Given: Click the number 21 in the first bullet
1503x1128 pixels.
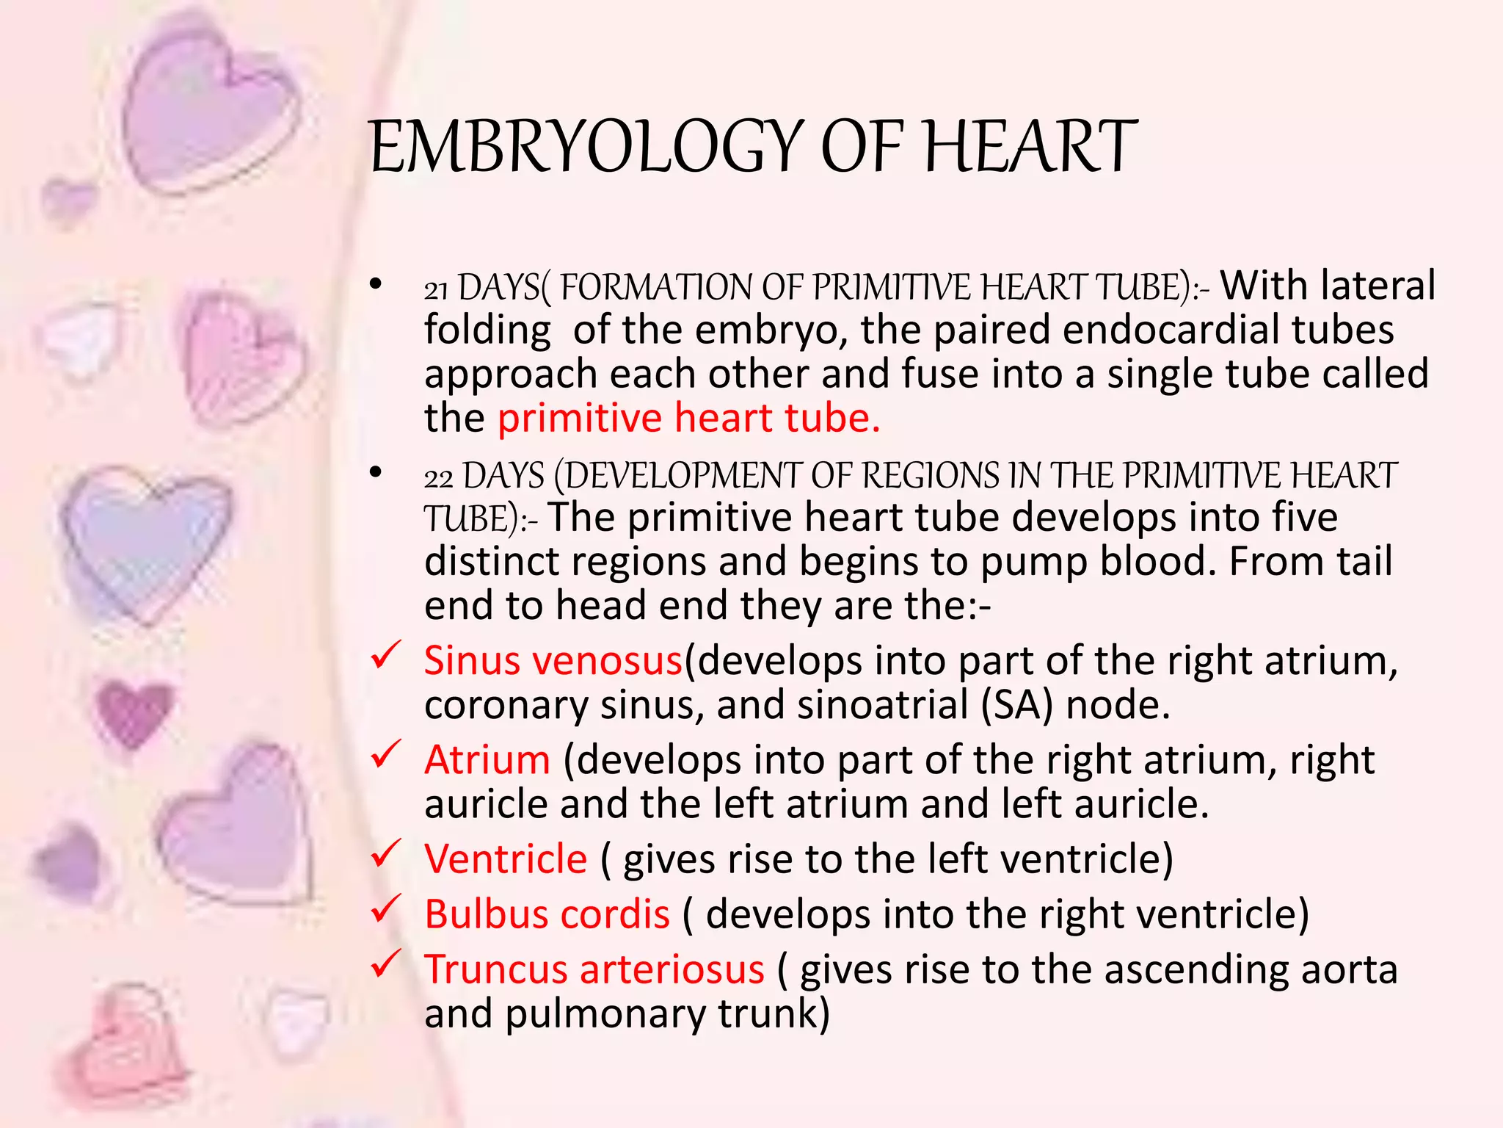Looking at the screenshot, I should point(436,289).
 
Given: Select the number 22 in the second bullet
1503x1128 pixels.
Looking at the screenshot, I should point(438,478).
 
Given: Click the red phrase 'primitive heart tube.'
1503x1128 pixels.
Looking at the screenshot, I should point(688,419).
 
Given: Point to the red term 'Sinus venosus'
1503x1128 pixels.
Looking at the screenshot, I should point(553,661).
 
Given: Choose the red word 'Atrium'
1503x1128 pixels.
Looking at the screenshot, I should point(487,760).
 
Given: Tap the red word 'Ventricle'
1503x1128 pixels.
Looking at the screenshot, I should point(506,859).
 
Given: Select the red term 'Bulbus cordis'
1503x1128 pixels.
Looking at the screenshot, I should point(547,915).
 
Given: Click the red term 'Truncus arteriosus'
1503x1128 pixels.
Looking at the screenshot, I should point(594,969).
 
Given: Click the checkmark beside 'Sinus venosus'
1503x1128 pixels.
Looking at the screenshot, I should point(385,655).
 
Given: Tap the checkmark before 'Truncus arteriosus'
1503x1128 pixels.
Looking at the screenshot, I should point(385,963).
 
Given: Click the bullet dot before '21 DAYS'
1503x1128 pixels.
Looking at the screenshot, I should point(376,284).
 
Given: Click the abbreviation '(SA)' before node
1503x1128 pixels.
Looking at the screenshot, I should point(1017,705).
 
